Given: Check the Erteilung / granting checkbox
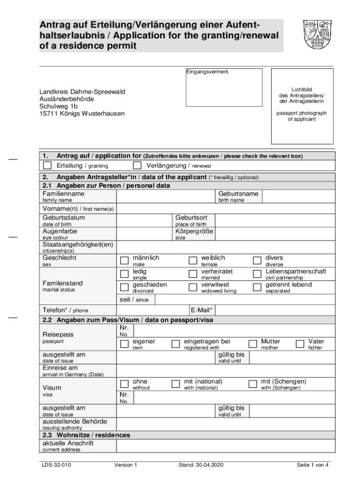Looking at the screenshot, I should [x=47, y=166].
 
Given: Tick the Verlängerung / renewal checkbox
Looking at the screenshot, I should [x=137, y=166].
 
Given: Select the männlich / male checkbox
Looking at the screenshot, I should [x=124, y=261].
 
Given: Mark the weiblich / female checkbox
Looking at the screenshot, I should [x=193, y=261].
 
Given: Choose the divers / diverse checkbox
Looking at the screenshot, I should [x=257, y=261].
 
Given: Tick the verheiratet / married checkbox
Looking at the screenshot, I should [x=193, y=274].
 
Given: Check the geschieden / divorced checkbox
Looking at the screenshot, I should [x=124, y=288].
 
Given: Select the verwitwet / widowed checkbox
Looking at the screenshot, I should [x=193, y=288].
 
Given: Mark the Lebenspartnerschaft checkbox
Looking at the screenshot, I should [x=257, y=274].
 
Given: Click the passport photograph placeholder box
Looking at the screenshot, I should [x=302, y=107].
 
